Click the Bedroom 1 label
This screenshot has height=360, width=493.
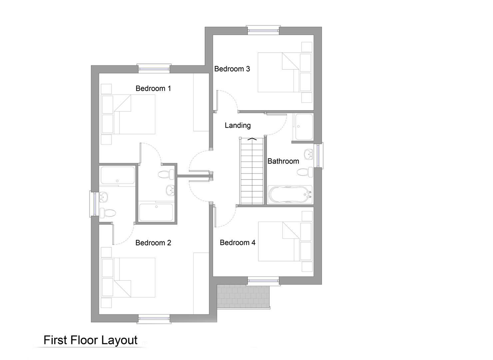[153, 89]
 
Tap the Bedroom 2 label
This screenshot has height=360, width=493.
[153, 243]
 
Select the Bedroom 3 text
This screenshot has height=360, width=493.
[232, 69]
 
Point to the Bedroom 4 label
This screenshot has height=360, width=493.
[238, 243]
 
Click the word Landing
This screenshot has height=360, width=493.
[238, 126]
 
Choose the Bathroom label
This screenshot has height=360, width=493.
[283, 161]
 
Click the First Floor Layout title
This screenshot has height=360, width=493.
[91, 340]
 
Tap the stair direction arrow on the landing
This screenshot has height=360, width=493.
[252, 139]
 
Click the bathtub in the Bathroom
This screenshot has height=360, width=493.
[290, 195]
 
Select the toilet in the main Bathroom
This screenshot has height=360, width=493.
[305, 172]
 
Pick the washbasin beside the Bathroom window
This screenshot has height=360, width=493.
[308, 154]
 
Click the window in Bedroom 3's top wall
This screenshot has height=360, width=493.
[263, 30]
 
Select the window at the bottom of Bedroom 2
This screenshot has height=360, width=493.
[154, 318]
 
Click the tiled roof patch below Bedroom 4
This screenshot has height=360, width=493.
[243, 296]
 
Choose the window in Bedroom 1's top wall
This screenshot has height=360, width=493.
[154, 69]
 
